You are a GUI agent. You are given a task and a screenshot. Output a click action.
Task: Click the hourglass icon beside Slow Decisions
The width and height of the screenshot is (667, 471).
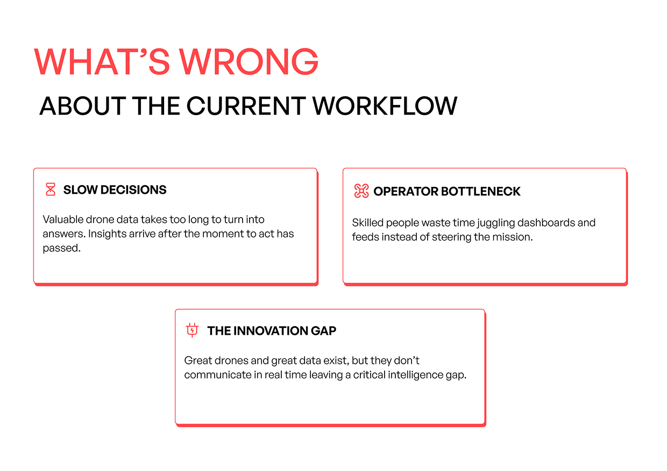pyautogui.click(x=51, y=189)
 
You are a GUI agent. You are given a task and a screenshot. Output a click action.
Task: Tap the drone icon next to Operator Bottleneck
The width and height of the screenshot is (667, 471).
pyautogui.click(x=361, y=191)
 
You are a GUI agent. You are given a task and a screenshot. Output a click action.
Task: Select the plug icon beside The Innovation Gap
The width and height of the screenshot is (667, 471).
pyautogui.click(x=192, y=330)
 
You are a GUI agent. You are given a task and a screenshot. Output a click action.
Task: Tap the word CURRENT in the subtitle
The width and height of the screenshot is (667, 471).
pyautogui.click(x=249, y=106)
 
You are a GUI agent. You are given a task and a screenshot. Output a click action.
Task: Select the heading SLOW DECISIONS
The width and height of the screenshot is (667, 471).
pyautogui.click(x=115, y=189)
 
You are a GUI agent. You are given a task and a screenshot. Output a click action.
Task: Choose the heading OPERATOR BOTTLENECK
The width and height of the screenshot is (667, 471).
pyautogui.click(x=447, y=192)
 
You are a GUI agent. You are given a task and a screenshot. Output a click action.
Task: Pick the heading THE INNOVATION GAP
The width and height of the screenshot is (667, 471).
pyautogui.click(x=272, y=331)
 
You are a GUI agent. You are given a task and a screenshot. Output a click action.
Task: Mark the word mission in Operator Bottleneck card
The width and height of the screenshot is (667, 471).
pyautogui.click(x=514, y=237)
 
